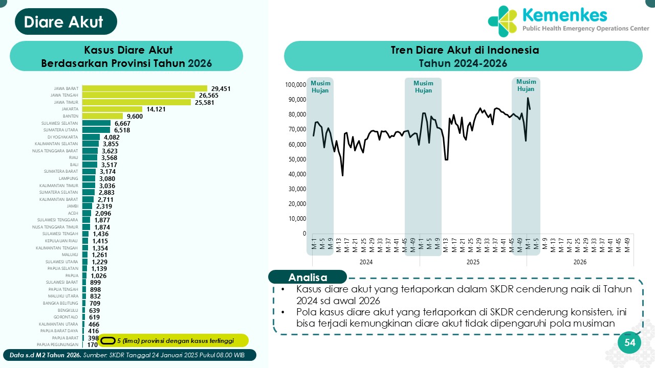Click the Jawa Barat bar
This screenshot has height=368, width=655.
pyautogui.click(x=144, y=88)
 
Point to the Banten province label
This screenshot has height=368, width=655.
pyautogui.click(x=70, y=116)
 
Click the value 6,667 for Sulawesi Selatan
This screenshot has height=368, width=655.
pyautogui.click(x=123, y=123)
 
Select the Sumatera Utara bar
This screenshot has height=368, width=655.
pyautogui.click(x=96, y=130)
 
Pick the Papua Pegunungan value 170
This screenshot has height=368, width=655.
pyautogui.click(x=93, y=345)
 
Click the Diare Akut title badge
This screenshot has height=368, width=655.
pyautogui.click(x=64, y=22)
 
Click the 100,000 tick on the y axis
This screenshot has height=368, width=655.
pyautogui.click(x=295, y=84)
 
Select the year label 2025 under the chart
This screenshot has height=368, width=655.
pyautogui.click(x=473, y=262)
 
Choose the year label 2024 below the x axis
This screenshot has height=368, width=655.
pyautogui.click(x=366, y=262)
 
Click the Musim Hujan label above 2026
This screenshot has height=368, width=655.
pyautogui.click(x=526, y=85)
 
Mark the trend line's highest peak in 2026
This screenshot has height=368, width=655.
pyautogui.click(x=528, y=98)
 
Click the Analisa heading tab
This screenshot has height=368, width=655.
pyautogui.click(x=308, y=278)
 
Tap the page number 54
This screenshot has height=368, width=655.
pyautogui.click(x=629, y=343)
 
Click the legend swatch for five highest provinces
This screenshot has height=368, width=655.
pyautogui.click(x=107, y=341)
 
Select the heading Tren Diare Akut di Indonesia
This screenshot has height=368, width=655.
pyautogui.click(x=463, y=51)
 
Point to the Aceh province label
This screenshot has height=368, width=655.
pyautogui.click(x=73, y=213)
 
